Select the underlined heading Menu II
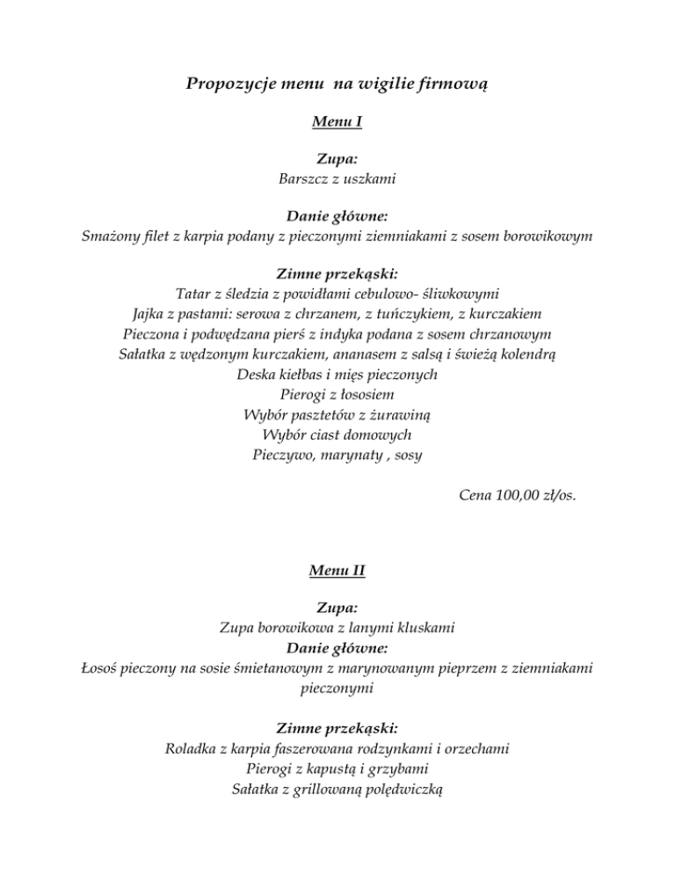(337, 571)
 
